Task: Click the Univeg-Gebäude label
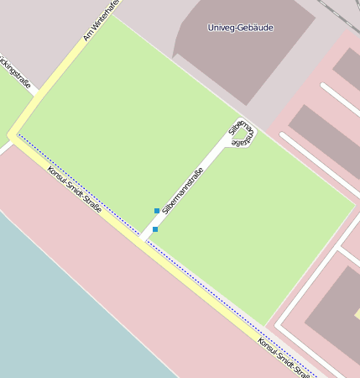coord(240,28)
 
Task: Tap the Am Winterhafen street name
coord(102,21)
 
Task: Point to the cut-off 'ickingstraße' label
coord(16,72)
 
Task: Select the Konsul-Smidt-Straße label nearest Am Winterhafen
coord(75,189)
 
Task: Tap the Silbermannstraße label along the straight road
coord(183,190)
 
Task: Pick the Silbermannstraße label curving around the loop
coord(241,134)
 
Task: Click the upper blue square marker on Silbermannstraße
coord(157,210)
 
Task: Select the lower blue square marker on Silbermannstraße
coord(155,228)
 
